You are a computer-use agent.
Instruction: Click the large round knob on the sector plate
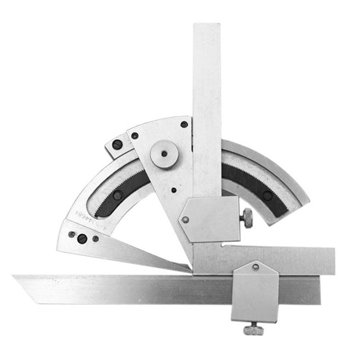tap(164, 154)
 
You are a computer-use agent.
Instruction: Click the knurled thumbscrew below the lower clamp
tap(253, 329)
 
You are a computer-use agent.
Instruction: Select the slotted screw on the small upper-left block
tap(117, 145)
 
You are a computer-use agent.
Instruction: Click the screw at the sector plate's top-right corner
tap(184, 125)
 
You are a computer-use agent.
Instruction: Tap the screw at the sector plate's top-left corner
tap(135, 136)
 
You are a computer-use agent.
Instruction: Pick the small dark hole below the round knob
tap(174, 190)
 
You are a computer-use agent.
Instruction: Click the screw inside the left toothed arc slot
tap(117, 195)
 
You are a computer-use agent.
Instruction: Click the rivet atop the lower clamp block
tap(255, 267)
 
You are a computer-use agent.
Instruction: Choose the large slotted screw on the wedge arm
tap(82, 238)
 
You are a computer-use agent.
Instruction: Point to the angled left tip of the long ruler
tap(16, 278)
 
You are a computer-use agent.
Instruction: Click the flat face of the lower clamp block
tap(255, 295)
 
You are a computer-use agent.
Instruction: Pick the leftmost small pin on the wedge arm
tap(72, 234)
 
